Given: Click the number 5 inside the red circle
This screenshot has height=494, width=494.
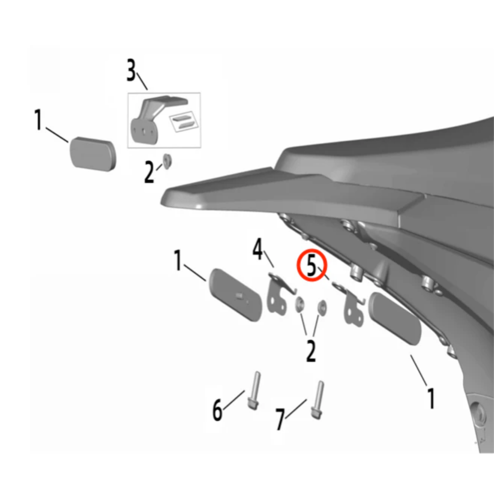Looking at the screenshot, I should pos(311,266).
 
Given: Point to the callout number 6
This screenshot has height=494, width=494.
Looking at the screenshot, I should pos(217,410).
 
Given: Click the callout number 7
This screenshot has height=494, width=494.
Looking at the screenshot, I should pos(280,419).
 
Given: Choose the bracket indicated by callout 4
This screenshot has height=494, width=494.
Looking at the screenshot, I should pos(278,296).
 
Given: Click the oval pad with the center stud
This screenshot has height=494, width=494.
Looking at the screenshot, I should pos(235,295).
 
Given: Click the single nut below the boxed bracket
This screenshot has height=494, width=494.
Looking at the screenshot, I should pos(167,161).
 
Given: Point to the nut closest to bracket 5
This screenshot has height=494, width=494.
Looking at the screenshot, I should pos(321,306).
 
